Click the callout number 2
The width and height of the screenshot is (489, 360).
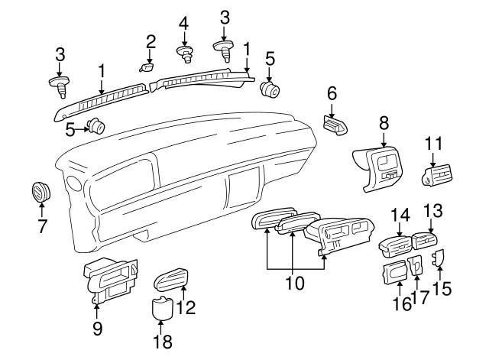tap(151, 41)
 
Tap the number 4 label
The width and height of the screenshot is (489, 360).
tap(183, 24)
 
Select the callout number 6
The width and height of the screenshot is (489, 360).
tap(332, 93)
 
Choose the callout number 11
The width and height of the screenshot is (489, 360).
tap(434, 144)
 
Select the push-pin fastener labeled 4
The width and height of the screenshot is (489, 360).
tap(184, 54)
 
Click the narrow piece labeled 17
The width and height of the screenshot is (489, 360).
tap(416, 266)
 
